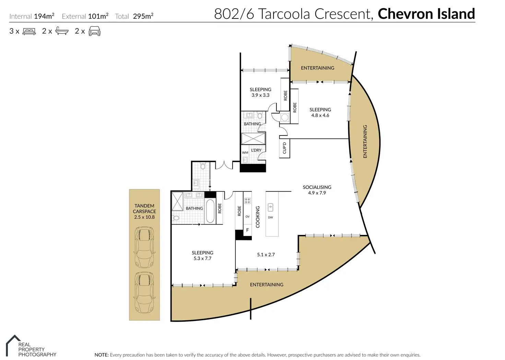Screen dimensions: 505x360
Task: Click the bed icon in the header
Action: click(x=29, y=31)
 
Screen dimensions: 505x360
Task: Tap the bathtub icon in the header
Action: click(x=62, y=31)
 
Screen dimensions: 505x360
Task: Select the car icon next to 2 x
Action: click(x=94, y=31)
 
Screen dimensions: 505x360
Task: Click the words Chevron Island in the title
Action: click(x=426, y=14)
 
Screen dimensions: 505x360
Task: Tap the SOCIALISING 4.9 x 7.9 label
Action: click(x=317, y=190)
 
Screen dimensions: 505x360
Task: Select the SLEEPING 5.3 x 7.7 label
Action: click(x=202, y=255)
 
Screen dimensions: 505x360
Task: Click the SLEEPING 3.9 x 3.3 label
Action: click(x=260, y=92)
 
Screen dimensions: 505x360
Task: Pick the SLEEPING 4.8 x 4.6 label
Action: click(x=320, y=112)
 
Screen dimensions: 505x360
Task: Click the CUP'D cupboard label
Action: click(x=284, y=148)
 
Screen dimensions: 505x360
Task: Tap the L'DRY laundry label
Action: click(x=256, y=150)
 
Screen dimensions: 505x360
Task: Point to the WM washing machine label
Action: click(x=245, y=153)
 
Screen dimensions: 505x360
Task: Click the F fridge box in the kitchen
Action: click(x=248, y=230)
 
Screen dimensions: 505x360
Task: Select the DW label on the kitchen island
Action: click(x=271, y=217)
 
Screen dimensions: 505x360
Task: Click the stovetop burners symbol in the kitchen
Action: click(x=247, y=201)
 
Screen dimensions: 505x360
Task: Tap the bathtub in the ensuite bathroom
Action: click(x=210, y=211)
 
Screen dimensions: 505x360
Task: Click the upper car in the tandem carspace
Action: click(x=144, y=247)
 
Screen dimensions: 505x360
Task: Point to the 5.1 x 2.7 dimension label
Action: click(x=266, y=254)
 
